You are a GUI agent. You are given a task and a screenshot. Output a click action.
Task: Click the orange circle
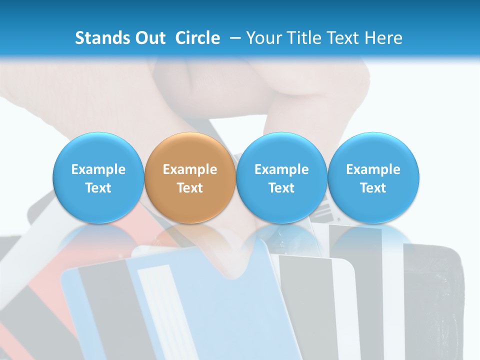click(190, 178)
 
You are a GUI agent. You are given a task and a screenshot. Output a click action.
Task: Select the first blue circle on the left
click(98, 178)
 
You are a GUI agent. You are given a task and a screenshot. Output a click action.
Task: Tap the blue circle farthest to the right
click(373, 178)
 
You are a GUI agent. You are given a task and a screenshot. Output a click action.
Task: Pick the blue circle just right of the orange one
click(281, 178)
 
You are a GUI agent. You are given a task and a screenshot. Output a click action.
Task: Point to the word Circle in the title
click(197, 38)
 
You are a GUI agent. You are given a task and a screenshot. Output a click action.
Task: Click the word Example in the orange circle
click(190, 169)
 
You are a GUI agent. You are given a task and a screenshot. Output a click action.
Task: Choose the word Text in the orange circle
click(190, 188)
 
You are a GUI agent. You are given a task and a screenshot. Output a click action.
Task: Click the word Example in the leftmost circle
click(98, 169)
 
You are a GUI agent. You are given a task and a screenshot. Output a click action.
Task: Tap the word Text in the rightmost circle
click(373, 188)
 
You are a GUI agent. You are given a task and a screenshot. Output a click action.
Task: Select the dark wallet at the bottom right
click(430, 300)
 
